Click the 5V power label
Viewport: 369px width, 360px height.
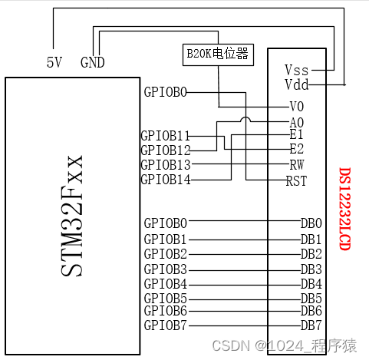click(x=53, y=61)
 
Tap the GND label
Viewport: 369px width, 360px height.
click(x=93, y=61)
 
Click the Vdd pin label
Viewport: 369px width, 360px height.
click(x=297, y=84)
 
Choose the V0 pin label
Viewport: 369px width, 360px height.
click(x=297, y=106)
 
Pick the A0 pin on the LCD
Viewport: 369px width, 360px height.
click(x=297, y=121)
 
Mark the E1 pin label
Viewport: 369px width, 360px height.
click(x=297, y=135)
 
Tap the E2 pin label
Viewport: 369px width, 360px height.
click(x=297, y=150)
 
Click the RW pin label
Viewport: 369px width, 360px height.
click(x=297, y=164)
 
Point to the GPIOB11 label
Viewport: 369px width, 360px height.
click(x=165, y=135)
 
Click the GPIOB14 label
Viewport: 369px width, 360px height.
click(x=165, y=180)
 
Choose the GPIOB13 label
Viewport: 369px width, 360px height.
click(x=165, y=164)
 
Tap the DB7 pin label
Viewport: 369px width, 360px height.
click(x=311, y=325)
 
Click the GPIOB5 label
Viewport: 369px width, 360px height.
click(x=165, y=297)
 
